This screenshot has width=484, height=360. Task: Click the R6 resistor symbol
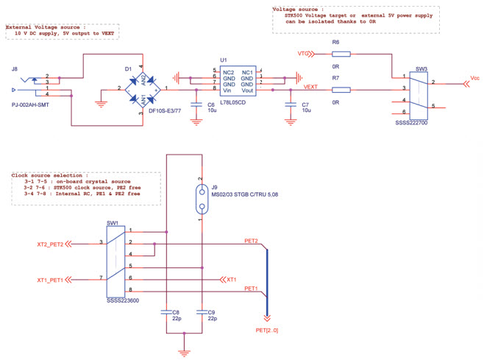[x=341, y=54]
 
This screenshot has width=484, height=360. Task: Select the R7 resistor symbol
[x=341, y=89]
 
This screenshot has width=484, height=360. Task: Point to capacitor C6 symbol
[x=195, y=105]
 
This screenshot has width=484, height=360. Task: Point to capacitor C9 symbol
[x=200, y=312]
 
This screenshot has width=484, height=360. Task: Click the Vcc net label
[x=474, y=77]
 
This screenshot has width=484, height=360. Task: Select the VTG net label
[x=302, y=54]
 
